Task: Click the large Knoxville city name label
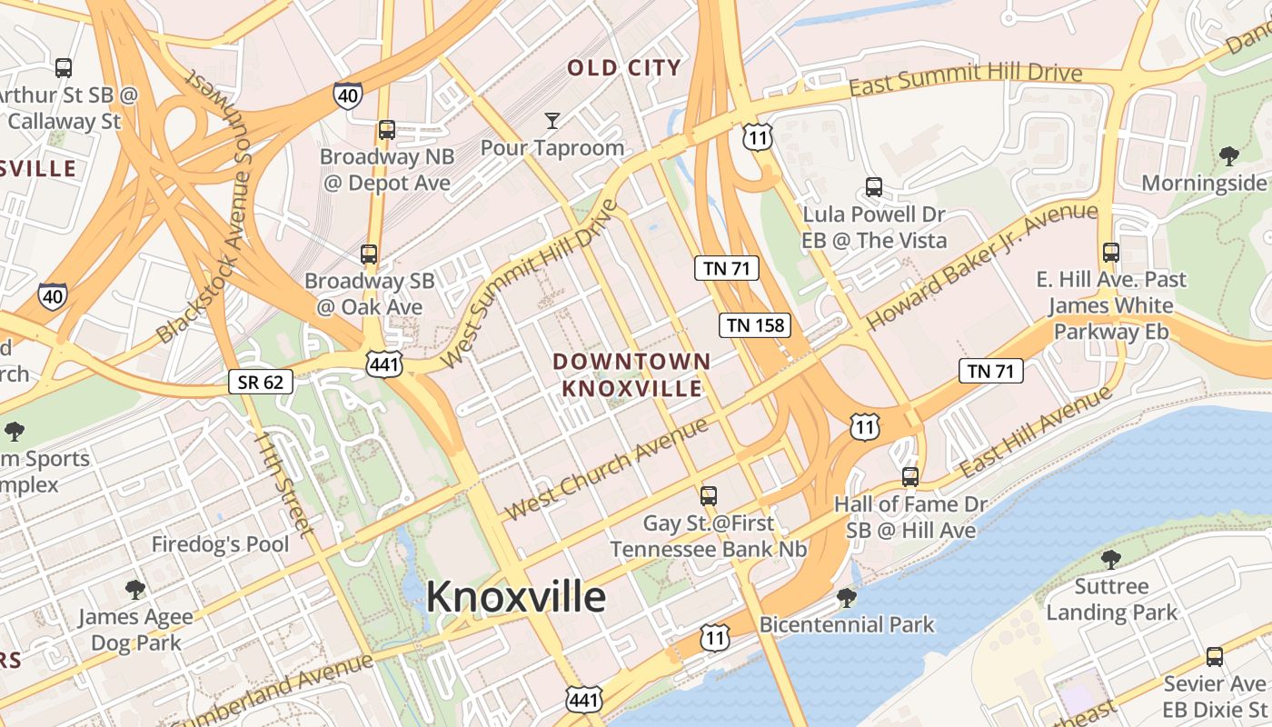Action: [x=515, y=597]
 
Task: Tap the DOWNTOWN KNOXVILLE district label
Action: [x=631, y=374]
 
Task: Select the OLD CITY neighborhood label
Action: [x=624, y=67]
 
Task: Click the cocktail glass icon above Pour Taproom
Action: [x=552, y=120]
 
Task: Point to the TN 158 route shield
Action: [x=755, y=325]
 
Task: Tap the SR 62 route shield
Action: [x=260, y=382]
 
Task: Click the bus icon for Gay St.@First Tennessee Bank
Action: [x=709, y=496]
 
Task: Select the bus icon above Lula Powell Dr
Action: [x=874, y=187]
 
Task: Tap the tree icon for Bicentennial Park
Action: [x=847, y=597]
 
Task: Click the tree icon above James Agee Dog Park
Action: [x=135, y=590]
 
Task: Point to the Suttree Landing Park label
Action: [x=1111, y=599]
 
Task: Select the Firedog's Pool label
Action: [x=220, y=544]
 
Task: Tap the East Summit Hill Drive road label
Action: [x=966, y=81]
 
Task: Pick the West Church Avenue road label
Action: [x=606, y=469]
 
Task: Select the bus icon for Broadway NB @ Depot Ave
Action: [x=387, y=130]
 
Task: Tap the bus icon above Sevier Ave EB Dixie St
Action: [x=1215, y=657]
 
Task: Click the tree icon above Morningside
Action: [x=1229, y=156]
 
